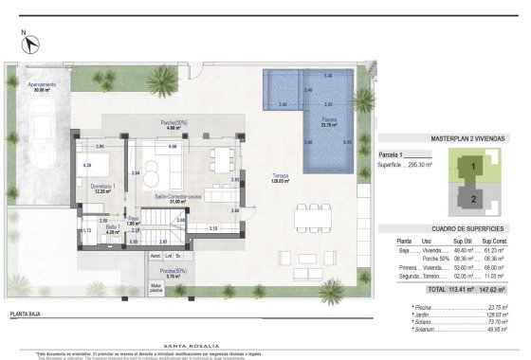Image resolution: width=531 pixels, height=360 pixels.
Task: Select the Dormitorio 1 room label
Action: [101, 188]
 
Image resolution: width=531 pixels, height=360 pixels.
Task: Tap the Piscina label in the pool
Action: [329, 121]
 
